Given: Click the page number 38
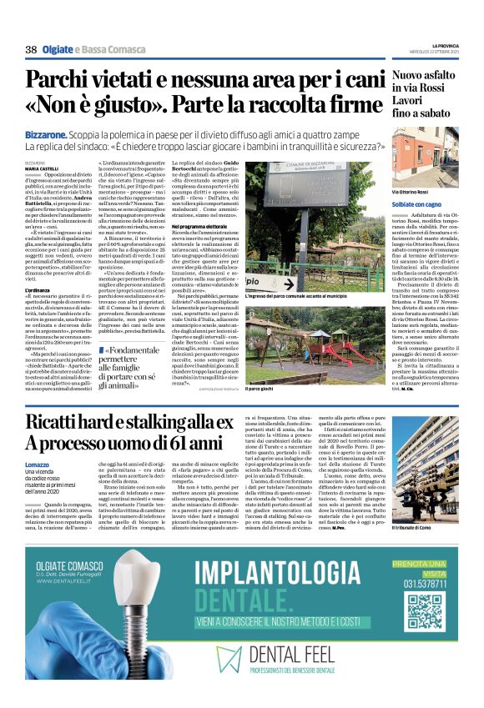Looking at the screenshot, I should click(x=31, y=50).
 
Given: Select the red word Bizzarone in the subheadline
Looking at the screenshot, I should click(x=46, y=133).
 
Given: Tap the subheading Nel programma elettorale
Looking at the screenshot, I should click(x=227, y=226).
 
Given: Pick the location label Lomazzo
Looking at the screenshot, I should click(x=38, y=464).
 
